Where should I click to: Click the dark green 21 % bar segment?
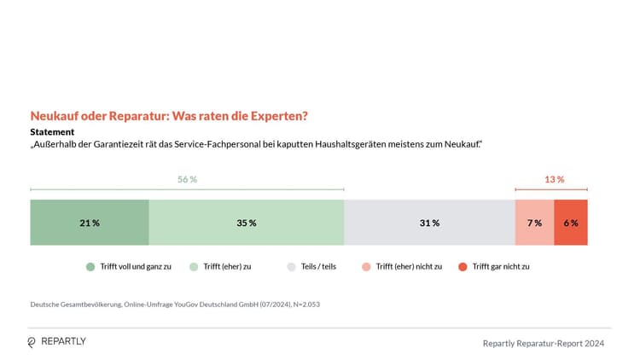90,223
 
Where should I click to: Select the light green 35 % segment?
246,223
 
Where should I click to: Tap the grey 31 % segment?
429,223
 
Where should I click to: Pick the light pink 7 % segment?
534,223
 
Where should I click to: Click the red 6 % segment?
570,223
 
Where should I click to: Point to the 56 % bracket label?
187,180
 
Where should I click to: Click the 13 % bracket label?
554,180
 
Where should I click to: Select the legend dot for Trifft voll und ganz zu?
90,267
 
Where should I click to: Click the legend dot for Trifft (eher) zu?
195,267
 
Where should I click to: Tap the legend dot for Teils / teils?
291,267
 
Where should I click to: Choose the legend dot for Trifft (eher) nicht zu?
366,267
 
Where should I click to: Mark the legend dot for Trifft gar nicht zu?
463,267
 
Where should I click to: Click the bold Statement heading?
52,132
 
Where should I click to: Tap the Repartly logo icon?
32,342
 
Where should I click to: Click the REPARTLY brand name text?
64,342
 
